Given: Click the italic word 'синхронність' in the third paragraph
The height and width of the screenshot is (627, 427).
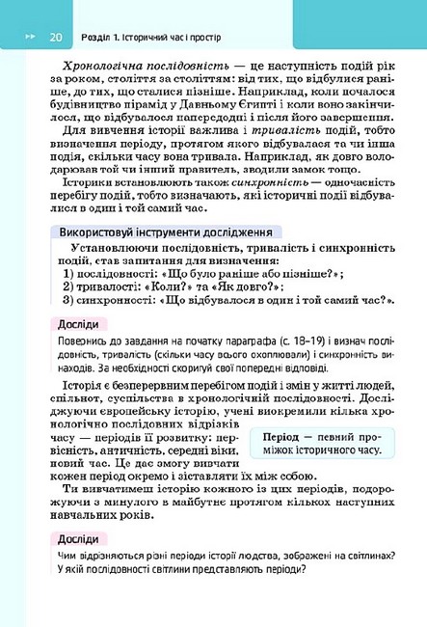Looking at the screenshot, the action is [x=247, y=180].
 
